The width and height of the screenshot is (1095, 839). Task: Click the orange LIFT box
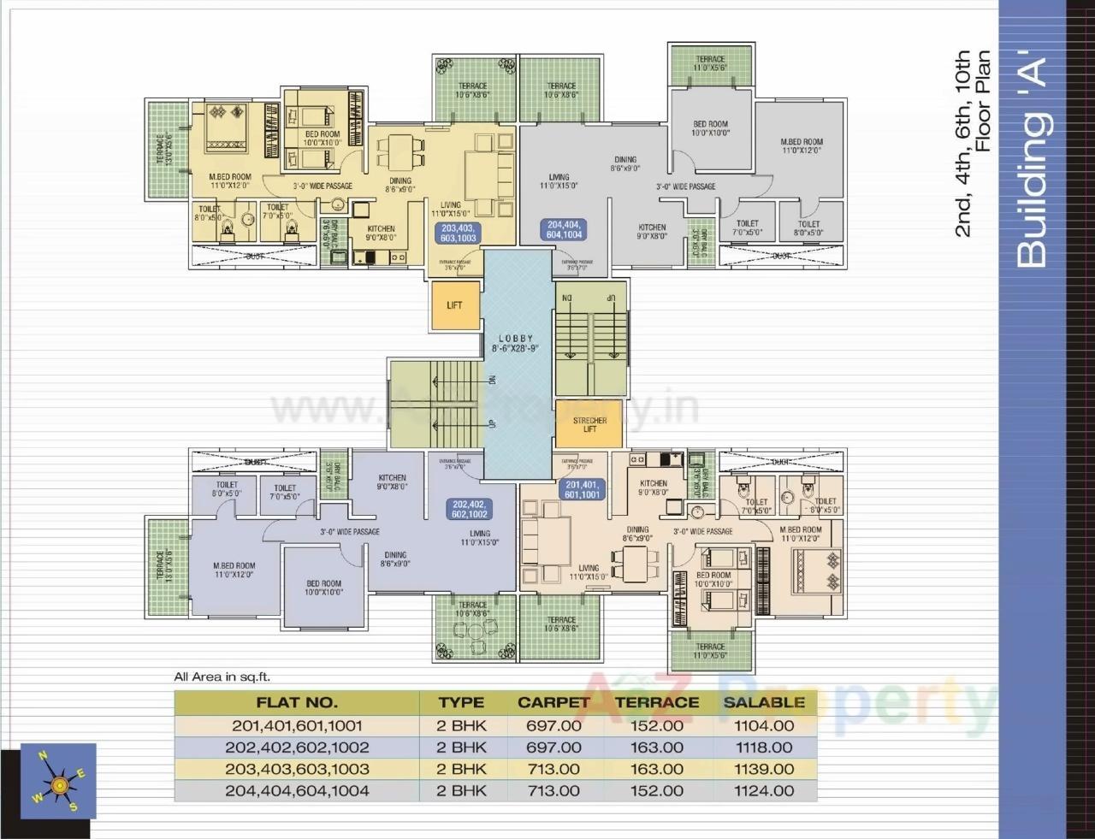point(453,305)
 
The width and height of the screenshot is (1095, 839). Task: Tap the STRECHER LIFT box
point(589,424)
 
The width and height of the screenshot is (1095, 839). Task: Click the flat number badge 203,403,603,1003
point(459,233)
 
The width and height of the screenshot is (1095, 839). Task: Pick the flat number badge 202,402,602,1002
point(470,509)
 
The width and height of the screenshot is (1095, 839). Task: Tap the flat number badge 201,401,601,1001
point(583,489)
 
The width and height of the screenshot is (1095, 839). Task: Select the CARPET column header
point(553,702)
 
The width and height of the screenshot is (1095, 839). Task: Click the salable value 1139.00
point(764,769)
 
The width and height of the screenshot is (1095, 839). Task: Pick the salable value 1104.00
point(764,725)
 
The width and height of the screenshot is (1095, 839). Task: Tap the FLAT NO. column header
point(297,702)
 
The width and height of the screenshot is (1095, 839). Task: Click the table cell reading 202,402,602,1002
point(297,747)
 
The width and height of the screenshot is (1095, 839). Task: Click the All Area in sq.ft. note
point(222,677)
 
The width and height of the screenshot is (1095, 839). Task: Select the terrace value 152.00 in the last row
point(656,791)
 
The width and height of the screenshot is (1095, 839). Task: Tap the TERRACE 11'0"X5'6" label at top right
point(710,63)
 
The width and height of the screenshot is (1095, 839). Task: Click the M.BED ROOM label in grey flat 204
point(801,146)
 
